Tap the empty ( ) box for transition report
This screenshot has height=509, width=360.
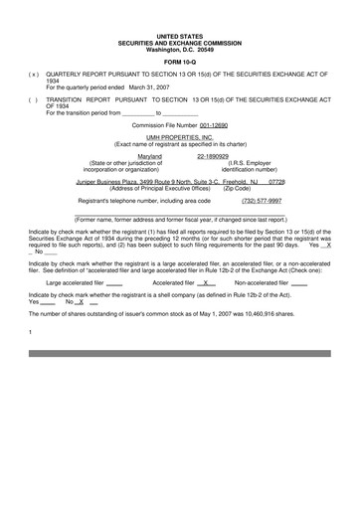tap(33, 100)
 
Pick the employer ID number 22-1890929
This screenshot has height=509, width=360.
tap(214, 156)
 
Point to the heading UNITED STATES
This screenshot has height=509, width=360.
tap(179, 35)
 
